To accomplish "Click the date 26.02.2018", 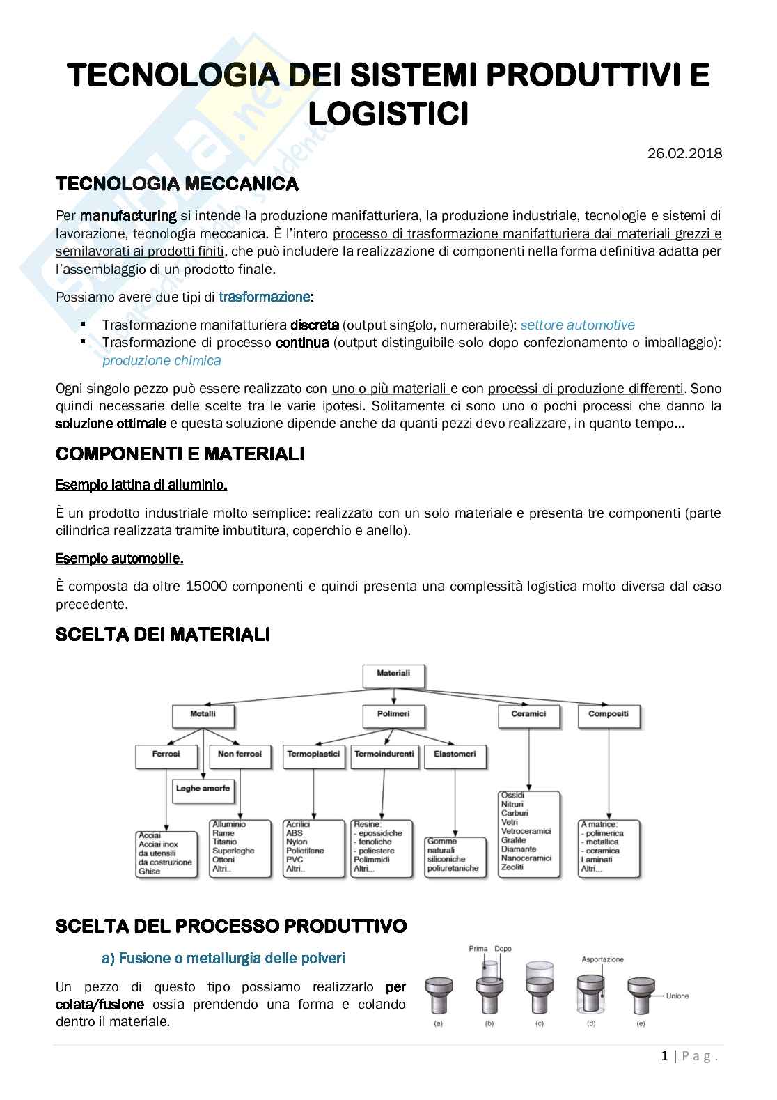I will (684, 154).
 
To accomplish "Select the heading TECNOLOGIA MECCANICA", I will (177, 185).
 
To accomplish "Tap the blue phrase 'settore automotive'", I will (577, 325).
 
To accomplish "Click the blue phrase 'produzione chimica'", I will (162, 360).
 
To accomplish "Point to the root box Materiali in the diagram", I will (393, 674).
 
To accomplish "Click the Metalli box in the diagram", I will (203, 714).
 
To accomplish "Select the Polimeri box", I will (393, 714).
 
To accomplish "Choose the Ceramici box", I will (528, 714).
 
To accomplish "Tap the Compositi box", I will (608, 714).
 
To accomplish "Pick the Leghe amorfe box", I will (203, 789).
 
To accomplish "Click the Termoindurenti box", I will (384, 754).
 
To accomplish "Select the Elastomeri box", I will (455, 754).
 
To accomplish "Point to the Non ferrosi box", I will (240, 754).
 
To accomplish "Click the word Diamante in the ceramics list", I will (519, 849).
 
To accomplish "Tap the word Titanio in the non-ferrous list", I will (225, 842).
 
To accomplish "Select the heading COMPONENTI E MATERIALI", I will (180, 454).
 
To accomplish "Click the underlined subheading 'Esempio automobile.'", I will (120, 559).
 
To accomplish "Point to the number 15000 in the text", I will (207, 587).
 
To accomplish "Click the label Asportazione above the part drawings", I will (602, 959).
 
